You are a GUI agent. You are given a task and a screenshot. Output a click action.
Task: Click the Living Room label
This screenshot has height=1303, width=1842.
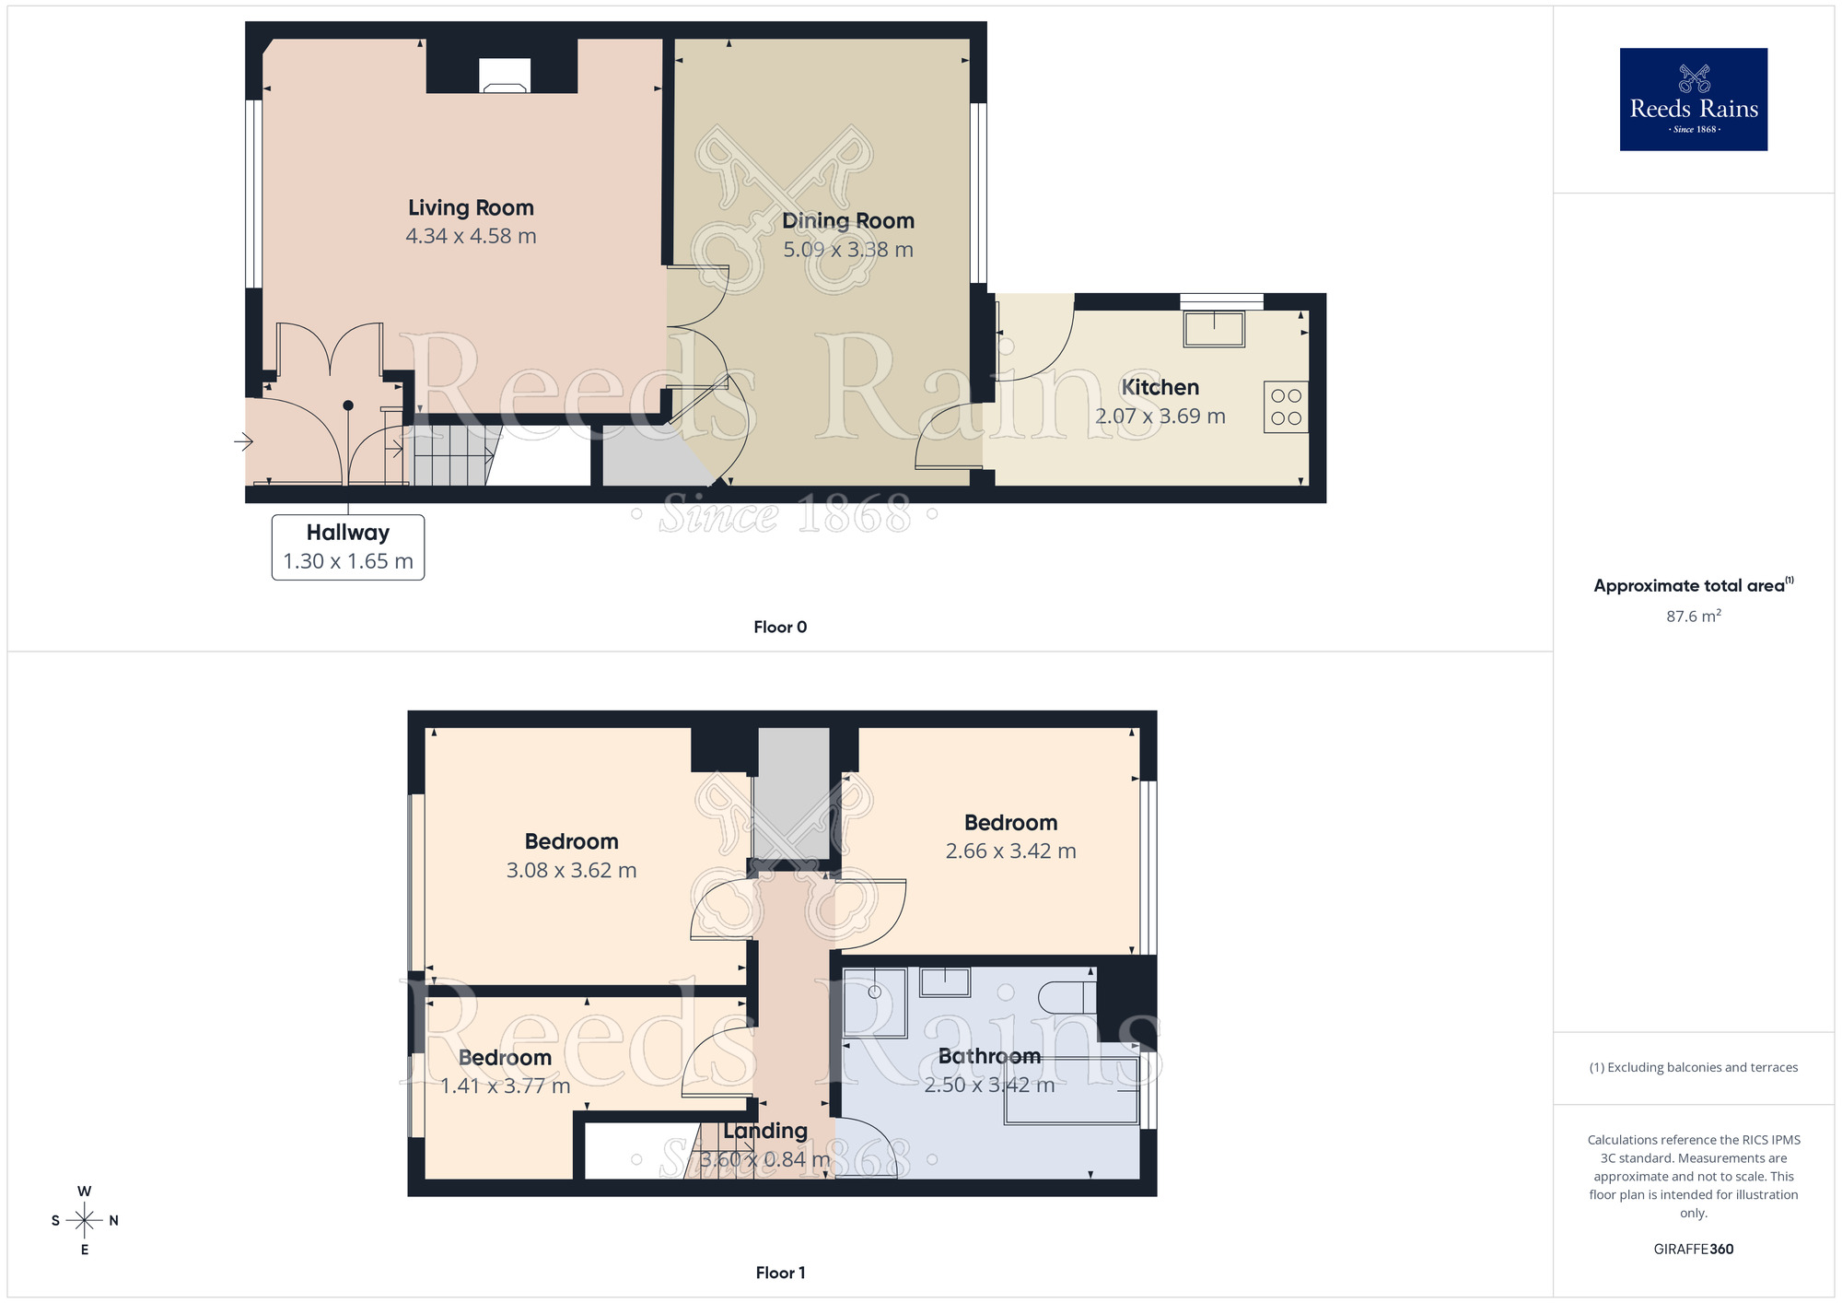(471, 208)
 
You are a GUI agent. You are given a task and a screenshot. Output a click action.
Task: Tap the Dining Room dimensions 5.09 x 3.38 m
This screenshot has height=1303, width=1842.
(848, 250)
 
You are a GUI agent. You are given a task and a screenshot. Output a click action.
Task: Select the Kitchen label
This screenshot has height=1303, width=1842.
(1160, 388)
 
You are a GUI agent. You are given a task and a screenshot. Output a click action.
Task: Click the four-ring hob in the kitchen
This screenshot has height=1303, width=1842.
(1286, 407)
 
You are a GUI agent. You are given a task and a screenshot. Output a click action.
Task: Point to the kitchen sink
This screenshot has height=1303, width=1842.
(1214, 329)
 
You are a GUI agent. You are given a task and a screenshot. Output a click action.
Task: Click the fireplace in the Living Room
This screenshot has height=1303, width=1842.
(505, 76)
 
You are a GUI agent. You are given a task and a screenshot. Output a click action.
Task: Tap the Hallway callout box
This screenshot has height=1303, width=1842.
(348, 547)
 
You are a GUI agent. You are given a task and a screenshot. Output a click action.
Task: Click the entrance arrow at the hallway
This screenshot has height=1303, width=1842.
(243, 442)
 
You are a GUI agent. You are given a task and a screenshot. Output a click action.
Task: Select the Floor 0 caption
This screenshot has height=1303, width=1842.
(780, 628)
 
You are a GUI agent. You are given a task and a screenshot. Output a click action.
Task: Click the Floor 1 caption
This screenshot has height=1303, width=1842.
(780, 1274)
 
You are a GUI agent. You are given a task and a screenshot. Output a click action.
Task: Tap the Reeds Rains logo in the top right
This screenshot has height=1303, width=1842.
(1694, 100)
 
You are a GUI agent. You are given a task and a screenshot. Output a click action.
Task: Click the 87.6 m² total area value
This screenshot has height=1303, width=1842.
(1694, 616)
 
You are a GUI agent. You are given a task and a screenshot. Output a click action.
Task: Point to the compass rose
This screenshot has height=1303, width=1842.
(85, 1221)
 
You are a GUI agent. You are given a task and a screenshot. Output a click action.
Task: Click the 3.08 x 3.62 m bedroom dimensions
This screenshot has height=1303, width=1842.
(571, 871)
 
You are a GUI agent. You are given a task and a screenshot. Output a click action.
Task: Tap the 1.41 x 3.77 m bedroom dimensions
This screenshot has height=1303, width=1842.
(505, 1086)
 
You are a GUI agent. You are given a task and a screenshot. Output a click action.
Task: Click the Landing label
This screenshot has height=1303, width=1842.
(765, 1131)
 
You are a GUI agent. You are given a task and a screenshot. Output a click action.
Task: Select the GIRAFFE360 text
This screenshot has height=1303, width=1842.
(1694, 1250)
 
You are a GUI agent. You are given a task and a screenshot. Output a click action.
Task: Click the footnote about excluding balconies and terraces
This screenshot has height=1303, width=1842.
(1694, 1068)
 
